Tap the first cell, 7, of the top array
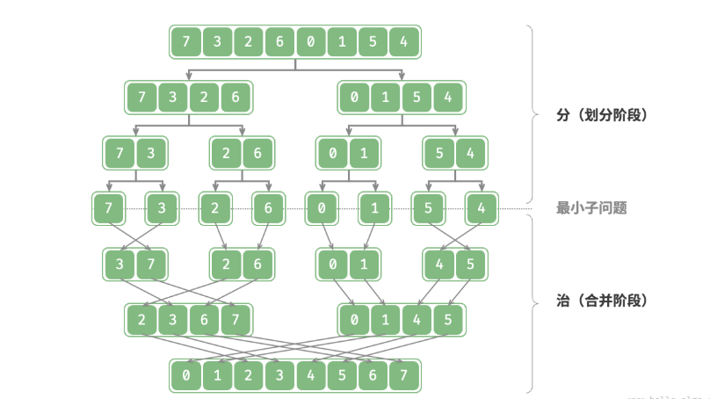pos(185,41)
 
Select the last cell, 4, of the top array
pos(403,41)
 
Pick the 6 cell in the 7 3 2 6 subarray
pos(235,98)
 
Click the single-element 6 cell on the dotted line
pos(268,209)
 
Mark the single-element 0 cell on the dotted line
pos(322,209)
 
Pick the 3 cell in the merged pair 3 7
pos(120,264)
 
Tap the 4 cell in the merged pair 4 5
pos(439,264)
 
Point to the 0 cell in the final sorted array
pos(185,375)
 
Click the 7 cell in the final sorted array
pos(403,375)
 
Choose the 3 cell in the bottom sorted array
pos(279,375)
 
